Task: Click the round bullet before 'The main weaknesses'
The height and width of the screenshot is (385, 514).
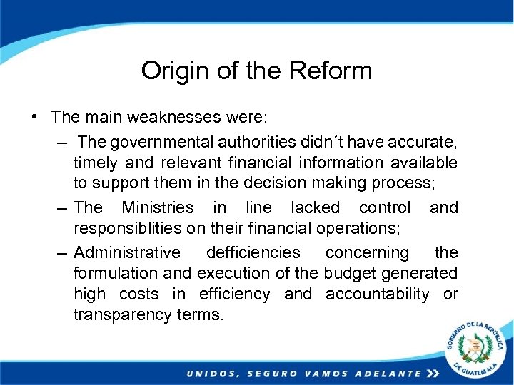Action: point(35,115)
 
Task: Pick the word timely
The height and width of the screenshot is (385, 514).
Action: point(96,163)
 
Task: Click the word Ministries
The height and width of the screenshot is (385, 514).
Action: point(158,207)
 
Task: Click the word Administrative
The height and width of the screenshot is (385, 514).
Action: point(128,252)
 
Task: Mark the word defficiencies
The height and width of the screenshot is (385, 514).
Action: point(253,252)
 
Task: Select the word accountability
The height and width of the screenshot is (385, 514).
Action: point(378,294)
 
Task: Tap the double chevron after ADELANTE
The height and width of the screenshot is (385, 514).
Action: point(432,374)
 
